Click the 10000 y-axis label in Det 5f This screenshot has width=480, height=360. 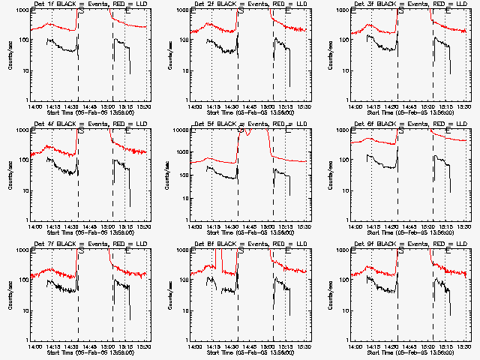click(179, 130)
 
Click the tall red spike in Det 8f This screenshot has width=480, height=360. click(217, 259)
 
